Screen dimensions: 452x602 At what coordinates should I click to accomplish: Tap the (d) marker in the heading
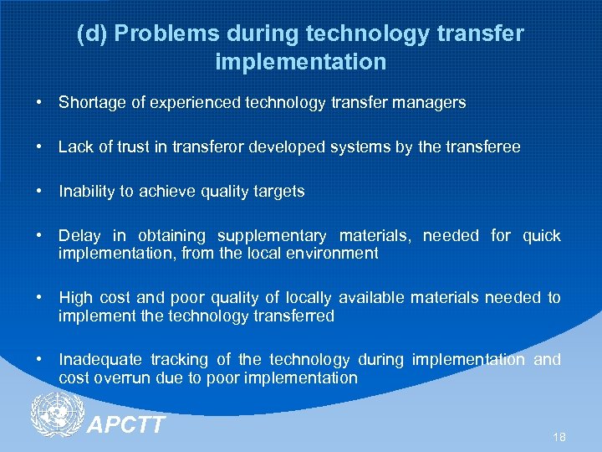(x=91, y=34)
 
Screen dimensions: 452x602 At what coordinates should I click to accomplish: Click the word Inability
(x=86, y=192)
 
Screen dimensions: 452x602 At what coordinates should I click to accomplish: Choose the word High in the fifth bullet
(x=74, y=298)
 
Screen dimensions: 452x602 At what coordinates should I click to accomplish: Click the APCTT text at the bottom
(x=126, y=425)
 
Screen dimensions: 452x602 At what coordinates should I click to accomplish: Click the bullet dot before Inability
(x=39, y=192)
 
